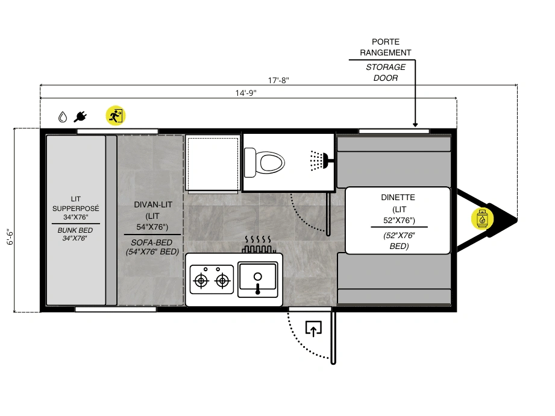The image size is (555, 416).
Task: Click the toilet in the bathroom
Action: click(x=265, y=163)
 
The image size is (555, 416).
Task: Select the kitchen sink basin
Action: click(x=258, y=280)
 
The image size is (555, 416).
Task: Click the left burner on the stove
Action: click(x=201, y=281)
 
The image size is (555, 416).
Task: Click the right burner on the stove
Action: click(x=222, y=281)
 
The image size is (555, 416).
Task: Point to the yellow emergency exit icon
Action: click(x=115, y=115)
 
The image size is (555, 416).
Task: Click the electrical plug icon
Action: click(x=80, y=116)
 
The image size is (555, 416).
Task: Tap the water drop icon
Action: click(x=63, y=117)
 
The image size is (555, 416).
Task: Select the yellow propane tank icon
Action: click(x=481, y=219)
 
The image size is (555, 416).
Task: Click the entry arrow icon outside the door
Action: click(x=313, y=329)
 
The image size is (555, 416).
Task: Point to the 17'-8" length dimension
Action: click(x=278, y=80)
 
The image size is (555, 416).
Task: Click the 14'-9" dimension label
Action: click(x=246, y=93)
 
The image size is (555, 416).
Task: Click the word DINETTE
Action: click(x=398, y=198)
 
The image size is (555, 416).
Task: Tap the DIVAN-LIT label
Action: click(x=153, y=204)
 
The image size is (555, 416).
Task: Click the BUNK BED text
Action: click(x=75, y=230)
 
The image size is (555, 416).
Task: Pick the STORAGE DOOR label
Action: click(x=386, y=72)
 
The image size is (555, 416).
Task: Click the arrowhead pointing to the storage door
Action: click(x=415, y=125)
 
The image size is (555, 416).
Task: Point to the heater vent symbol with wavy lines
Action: click(x=258, y=244)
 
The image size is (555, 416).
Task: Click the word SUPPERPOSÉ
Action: click(x=76, y=209)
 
